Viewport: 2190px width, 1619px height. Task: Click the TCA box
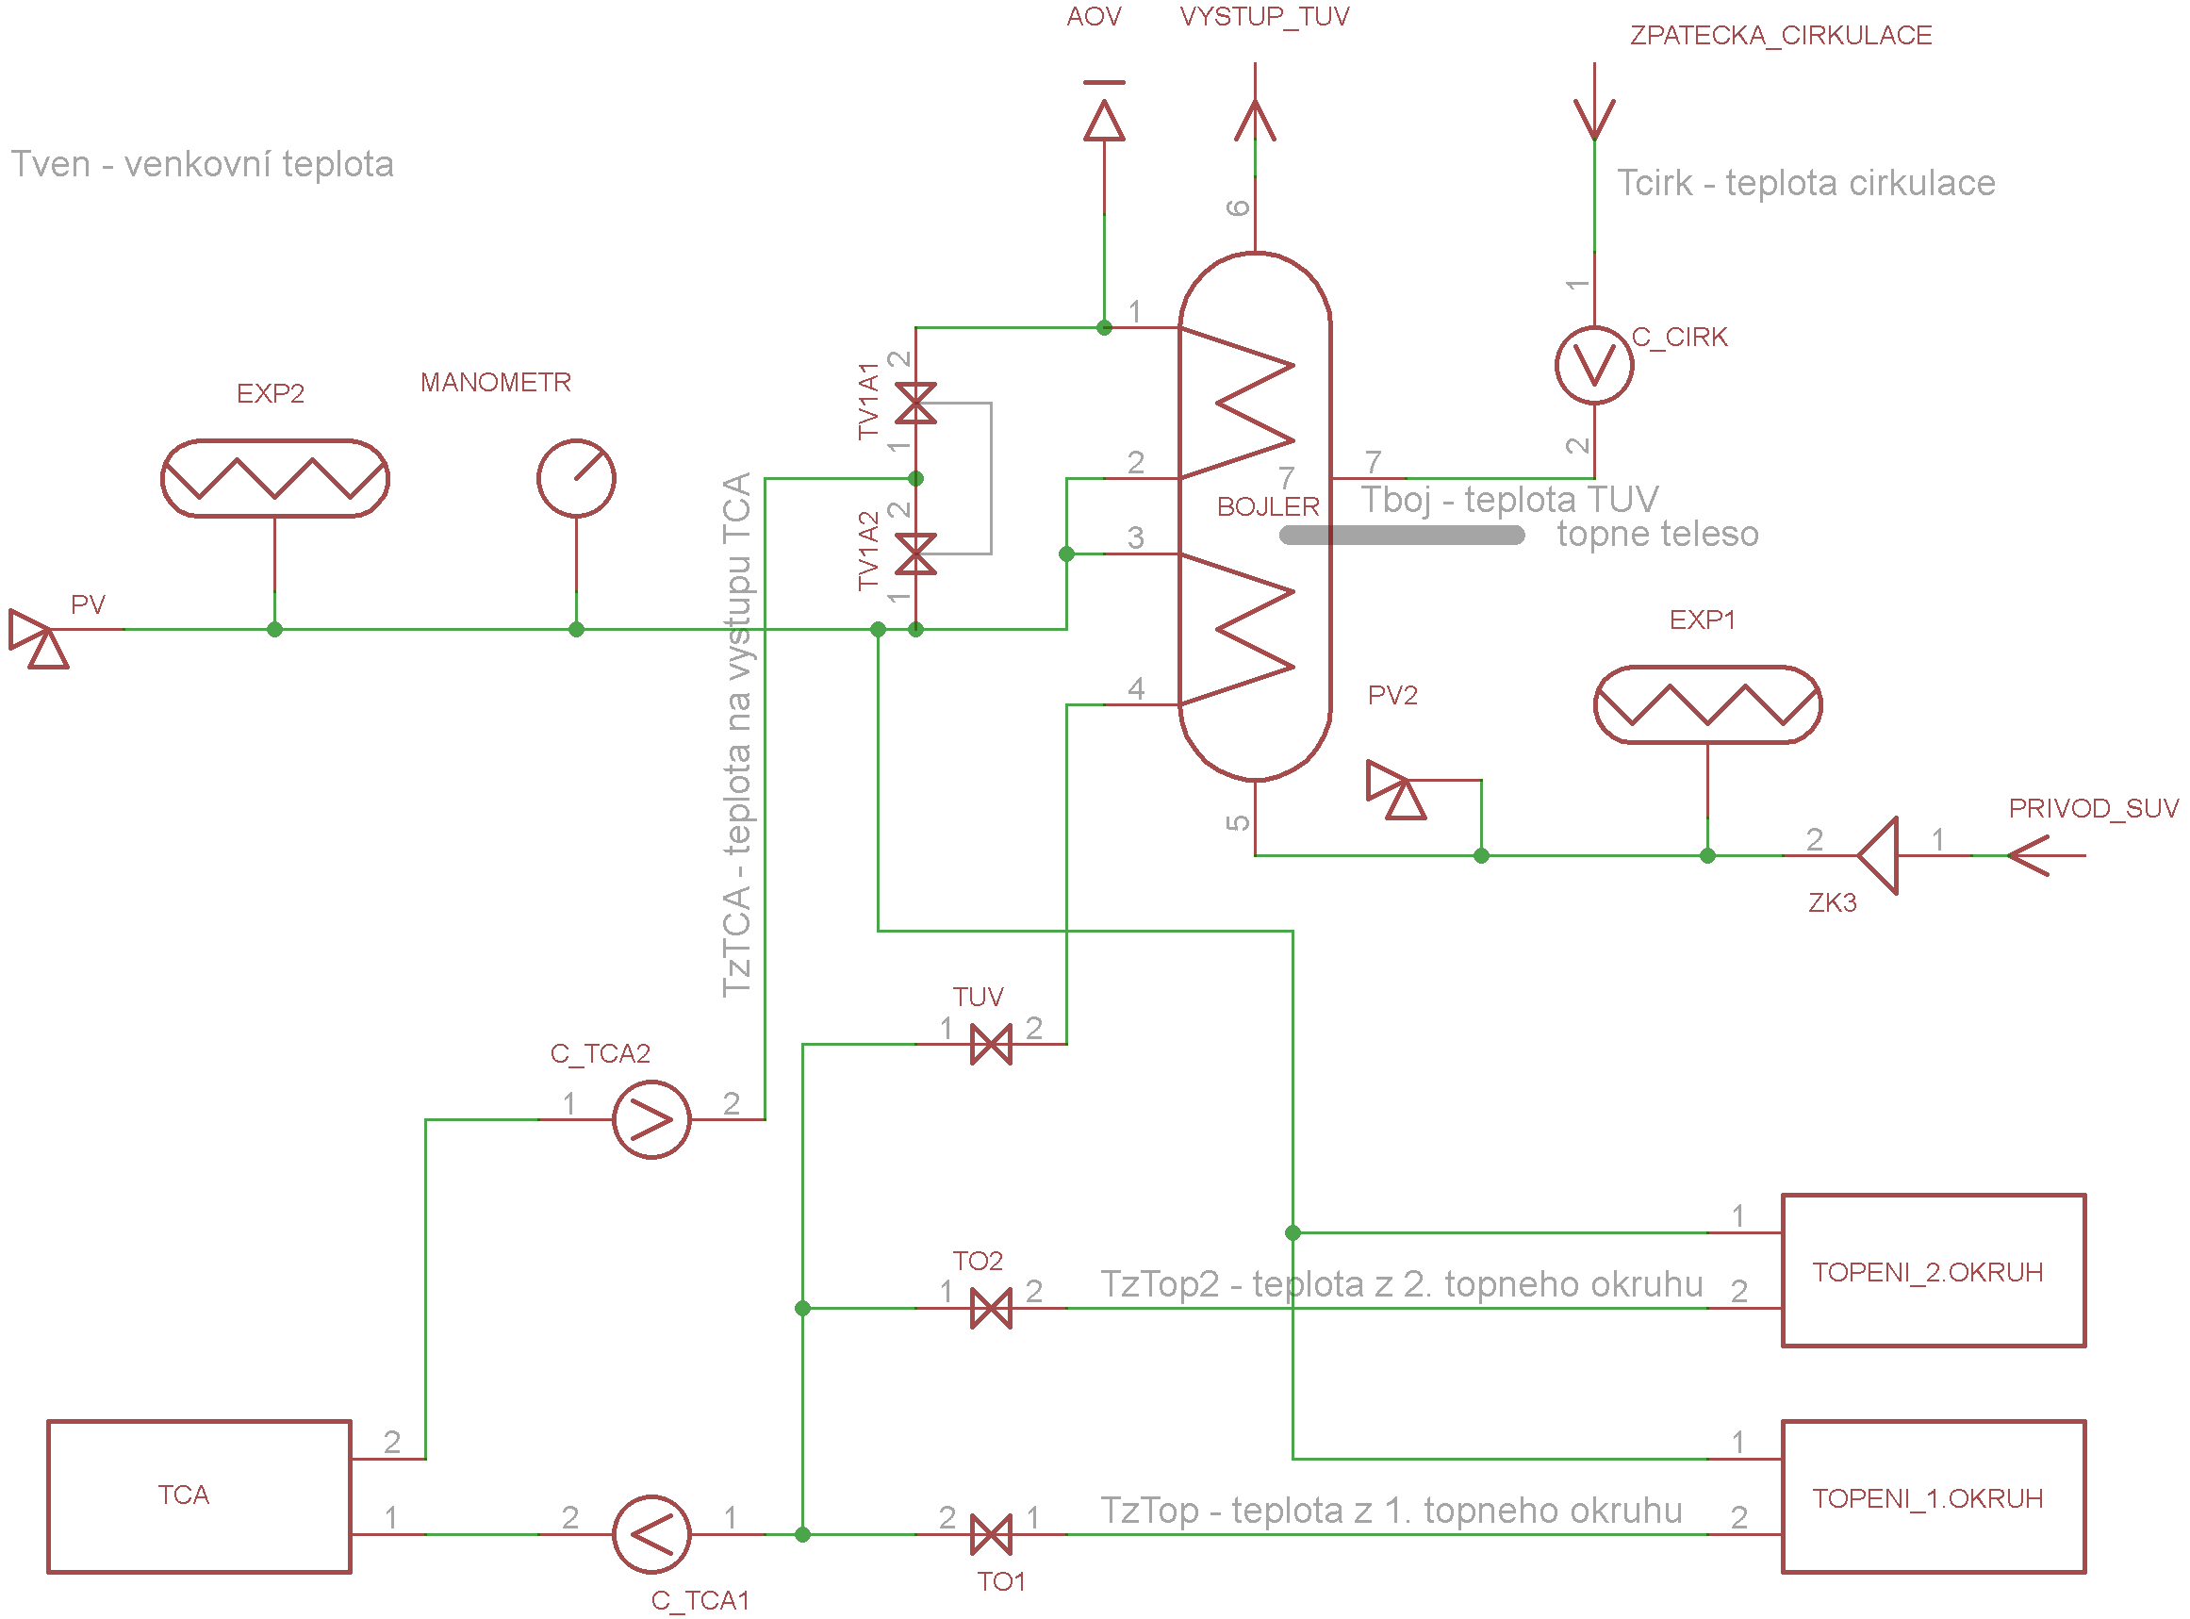(199, 1496)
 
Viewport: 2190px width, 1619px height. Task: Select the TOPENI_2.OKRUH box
(1933, 1271)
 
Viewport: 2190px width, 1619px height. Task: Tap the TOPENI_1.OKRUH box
(1933, 1496)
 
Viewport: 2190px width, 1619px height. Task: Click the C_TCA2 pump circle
(651, 1119)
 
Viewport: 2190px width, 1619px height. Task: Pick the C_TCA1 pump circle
(651, 1534)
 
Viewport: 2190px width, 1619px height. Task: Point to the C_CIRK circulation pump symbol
(1594, 366)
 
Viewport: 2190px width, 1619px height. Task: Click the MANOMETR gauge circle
(576, 478)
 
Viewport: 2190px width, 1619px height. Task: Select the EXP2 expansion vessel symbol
(275, 478)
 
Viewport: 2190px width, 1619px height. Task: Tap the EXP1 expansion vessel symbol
(1708, 704)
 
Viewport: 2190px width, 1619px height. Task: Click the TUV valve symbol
(991, 1045)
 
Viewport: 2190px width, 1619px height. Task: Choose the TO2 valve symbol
(991, 1309)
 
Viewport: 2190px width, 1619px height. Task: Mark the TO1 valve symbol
(991, 1535)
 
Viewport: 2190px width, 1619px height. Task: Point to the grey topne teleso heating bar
(1402, 535)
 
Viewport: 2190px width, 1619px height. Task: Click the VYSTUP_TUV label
(1264, 17)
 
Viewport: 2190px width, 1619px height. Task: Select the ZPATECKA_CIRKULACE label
(1781, 35)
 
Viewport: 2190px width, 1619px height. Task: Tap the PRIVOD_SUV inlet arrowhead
(2029, 855)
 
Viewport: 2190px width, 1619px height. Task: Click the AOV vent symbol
(1104, 118)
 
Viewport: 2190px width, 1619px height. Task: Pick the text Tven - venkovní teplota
(202, 164)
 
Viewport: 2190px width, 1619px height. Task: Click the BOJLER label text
(1268, 506)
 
